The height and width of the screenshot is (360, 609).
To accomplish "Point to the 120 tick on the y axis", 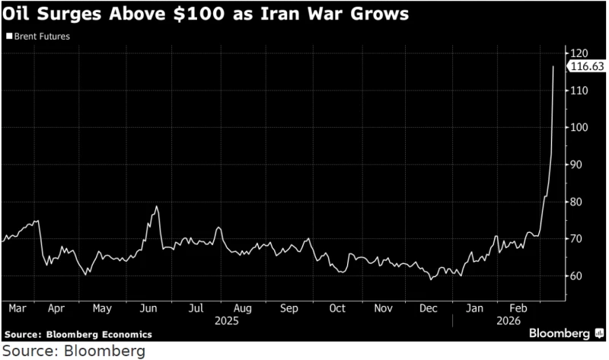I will tap(582, 53).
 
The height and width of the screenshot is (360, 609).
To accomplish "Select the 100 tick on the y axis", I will tap(582, 127).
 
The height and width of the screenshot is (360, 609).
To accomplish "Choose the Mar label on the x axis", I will tap(17, 309).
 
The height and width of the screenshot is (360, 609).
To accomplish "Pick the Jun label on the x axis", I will tap(149, 309).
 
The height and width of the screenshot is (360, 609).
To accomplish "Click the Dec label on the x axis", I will tap(428, 309).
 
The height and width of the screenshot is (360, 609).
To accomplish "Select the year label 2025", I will tap(226, 321).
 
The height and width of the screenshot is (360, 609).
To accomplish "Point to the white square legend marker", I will tap(8, 36).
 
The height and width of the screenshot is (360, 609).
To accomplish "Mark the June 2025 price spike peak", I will tap(156, 206).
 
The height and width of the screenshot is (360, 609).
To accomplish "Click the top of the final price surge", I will tap(553, 66).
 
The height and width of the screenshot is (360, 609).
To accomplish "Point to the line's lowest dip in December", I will tap(432, 279).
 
